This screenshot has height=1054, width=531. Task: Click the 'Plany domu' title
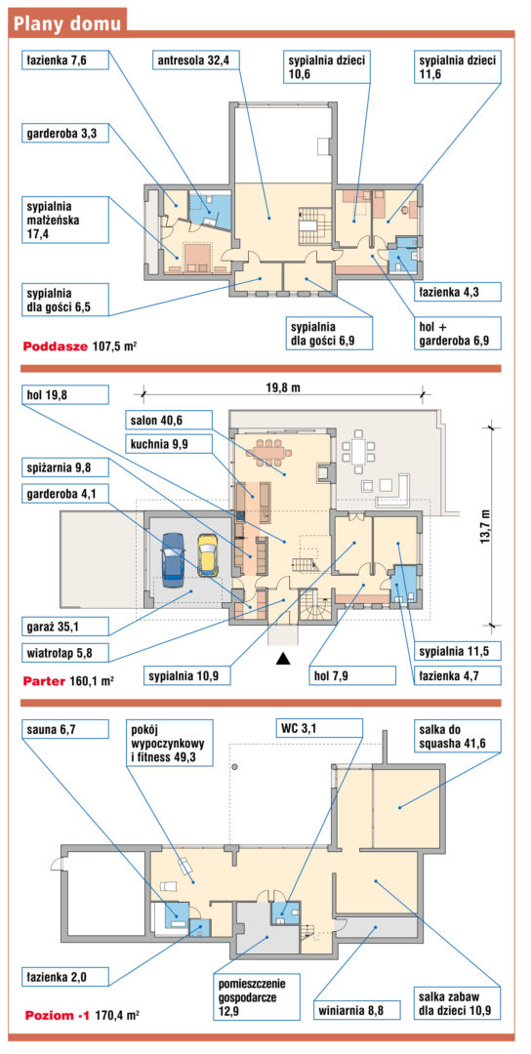[68, 22]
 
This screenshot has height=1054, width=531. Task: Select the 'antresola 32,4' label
[195, 61]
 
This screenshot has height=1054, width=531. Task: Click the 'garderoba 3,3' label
[63, 133]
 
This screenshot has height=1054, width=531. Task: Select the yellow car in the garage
[208, 554]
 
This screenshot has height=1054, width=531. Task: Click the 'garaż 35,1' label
[63, 628]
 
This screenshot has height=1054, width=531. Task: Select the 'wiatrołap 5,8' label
[63, 651]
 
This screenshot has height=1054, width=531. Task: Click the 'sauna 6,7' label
[63, 728]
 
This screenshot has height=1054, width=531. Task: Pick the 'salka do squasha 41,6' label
[457, 737]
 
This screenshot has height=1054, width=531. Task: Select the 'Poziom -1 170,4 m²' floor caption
[81, 1014]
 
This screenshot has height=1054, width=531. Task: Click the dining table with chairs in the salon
[271, 452]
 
